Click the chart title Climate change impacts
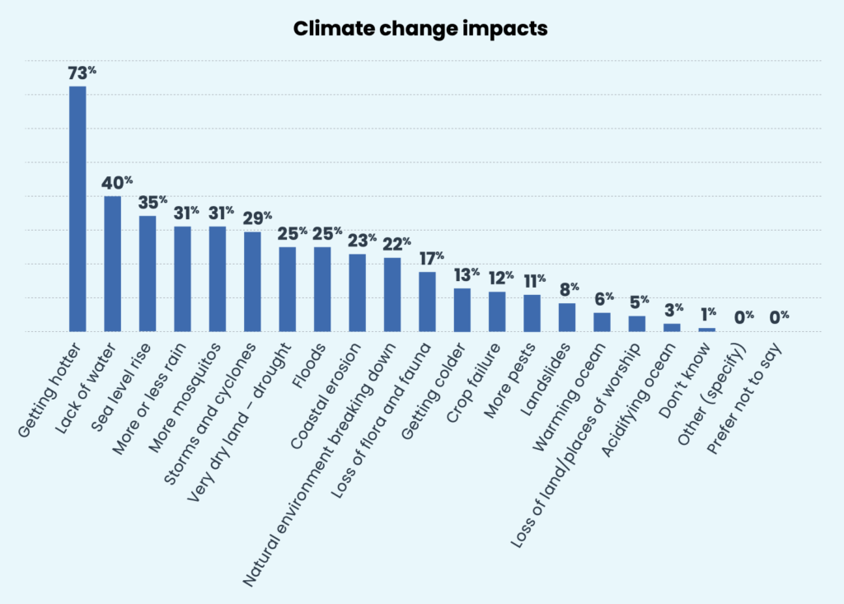tap(420, 30)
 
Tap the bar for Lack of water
tap(112, 264)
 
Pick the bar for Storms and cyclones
tap(252, 282)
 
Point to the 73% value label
tap(82, 73)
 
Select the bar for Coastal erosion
tap(357, 293)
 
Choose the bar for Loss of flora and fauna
tap(427, 302)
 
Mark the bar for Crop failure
tap(497, 311)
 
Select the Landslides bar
tap(567, 317)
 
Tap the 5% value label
tap(640, 302)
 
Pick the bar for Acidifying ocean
tap(672, 327)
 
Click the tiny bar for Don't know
tap(707, 330)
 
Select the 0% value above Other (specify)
tap(744, 316)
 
